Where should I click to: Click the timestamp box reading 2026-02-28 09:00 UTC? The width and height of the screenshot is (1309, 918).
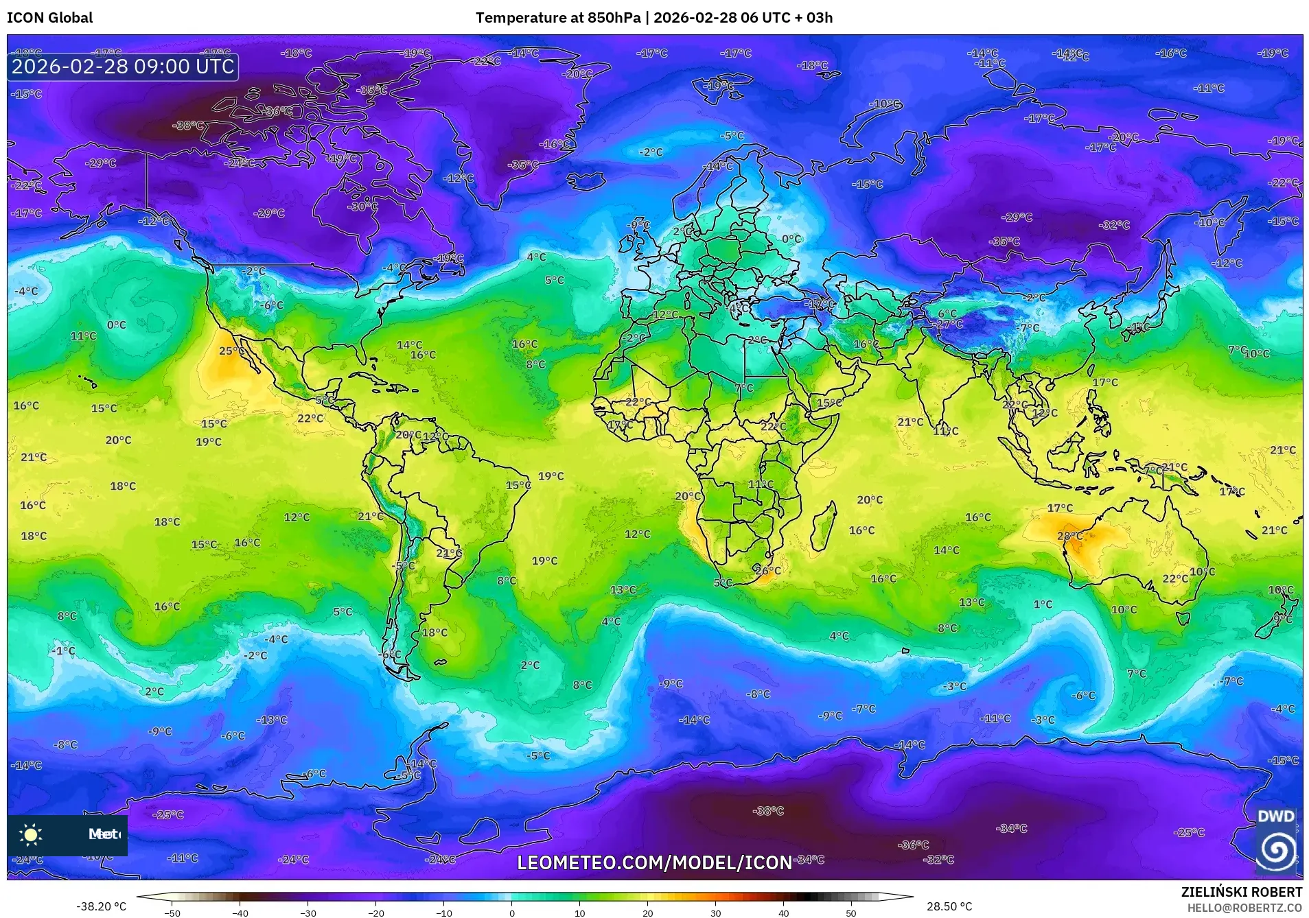[x=123, y=67]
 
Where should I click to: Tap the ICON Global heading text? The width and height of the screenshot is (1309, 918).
[x=50, y=18]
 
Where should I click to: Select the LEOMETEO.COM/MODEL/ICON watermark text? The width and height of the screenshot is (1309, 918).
[x=654, y=862]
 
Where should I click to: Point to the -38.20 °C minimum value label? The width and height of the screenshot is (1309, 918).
[x=101, y=906]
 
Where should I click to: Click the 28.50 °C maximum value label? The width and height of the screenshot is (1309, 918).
[x=949, y=906]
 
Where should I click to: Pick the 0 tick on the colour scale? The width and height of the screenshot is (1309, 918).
[x=512, y=913]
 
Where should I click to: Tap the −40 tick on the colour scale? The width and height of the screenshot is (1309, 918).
[x=240, y=913]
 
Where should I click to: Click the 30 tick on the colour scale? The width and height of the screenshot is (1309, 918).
[x=716, y=913]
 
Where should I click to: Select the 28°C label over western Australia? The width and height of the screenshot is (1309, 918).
[x=1069, y=536]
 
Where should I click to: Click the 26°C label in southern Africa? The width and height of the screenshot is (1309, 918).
[x=768, y=570]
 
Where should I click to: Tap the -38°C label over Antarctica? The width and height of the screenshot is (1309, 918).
[x=768, y=811]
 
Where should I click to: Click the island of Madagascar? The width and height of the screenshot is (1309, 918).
[x=824, y=526]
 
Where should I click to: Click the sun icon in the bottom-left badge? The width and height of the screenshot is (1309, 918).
[x=31, y=835]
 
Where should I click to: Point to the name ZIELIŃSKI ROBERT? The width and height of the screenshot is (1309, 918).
[x=1241, y=892]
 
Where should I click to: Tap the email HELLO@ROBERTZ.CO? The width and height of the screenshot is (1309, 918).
[x=1244, y=908]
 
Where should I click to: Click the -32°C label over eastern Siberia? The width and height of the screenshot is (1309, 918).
[x=1114, y=225]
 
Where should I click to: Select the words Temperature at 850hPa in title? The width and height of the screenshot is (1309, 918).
[x=557, y=18]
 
